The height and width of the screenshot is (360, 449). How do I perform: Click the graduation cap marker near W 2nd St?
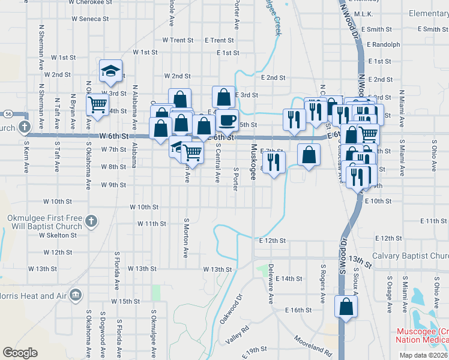pos(110,71)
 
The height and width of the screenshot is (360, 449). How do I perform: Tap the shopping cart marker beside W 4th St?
pos(97,104)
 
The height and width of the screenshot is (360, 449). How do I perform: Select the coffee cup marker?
pos(227,120)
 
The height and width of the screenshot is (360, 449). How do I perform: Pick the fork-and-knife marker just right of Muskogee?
pos(274,162)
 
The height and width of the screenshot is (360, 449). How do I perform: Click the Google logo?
pos(20,352)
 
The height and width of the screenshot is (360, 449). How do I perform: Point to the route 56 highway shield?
pos(7,113)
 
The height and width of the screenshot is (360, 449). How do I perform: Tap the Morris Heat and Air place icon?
pos(76,295)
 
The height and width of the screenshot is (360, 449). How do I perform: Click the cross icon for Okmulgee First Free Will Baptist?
pos(91,220)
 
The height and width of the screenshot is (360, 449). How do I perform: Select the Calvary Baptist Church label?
pos(410,256)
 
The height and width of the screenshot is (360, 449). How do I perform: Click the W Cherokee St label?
pos(91,2)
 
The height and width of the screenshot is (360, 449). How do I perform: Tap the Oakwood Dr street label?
pos(230,308)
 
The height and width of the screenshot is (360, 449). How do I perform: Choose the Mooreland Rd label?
pos(313,344)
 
